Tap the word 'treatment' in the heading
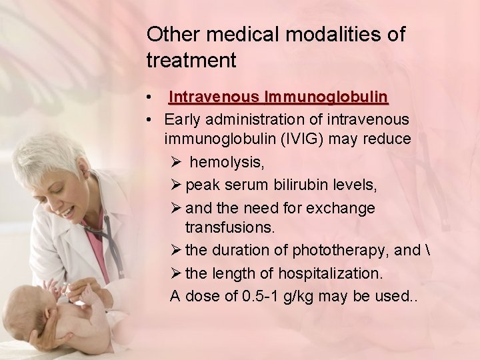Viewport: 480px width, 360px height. (191, 61)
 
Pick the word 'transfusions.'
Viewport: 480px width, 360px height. (229, 228)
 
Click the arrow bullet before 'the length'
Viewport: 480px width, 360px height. (176, 273)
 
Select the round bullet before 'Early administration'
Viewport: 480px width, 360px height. (152, 121)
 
